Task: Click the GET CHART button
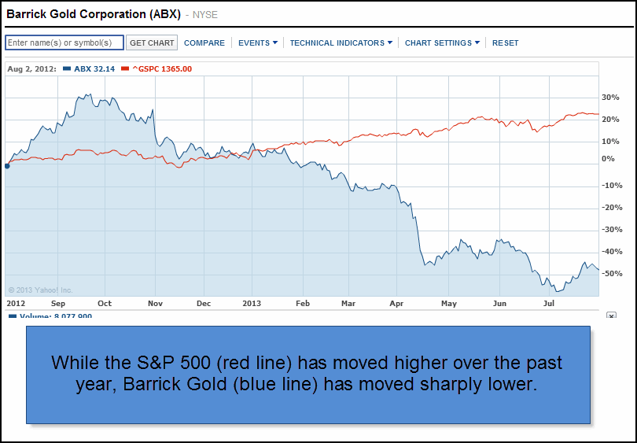tap(153, 43)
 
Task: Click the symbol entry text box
tap(64, 43)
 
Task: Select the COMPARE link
tap(204, 43)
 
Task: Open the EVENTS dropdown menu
tap(257, 43)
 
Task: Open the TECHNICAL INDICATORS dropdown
tap(341, 43)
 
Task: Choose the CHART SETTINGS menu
tap(442, 43)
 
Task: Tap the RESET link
tap(506, 43)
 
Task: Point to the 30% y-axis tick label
tap(610, 98)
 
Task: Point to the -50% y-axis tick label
tap(610, 274)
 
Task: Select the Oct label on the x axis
tap(105, 303)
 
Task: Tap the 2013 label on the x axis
tap(252, 303)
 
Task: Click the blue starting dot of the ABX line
tap(7, 165)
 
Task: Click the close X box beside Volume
tap(611, 316)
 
